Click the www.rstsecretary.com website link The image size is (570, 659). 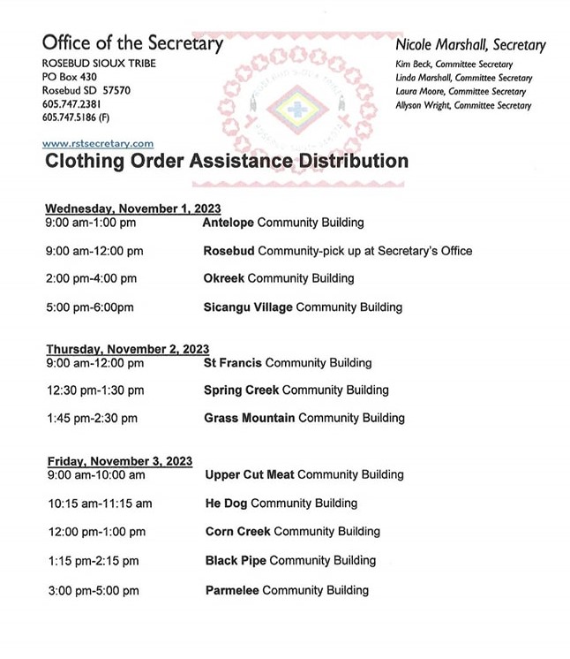98,142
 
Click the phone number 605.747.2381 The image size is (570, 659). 73,104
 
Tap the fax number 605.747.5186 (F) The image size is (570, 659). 79,117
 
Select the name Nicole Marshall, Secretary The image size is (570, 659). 470,45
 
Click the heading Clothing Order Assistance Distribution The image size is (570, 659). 226,161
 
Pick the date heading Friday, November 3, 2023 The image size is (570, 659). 119,460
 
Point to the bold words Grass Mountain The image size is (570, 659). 250,417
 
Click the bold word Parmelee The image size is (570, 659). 232,589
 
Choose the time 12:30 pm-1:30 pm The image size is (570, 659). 94,390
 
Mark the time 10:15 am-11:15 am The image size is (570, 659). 98,503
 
